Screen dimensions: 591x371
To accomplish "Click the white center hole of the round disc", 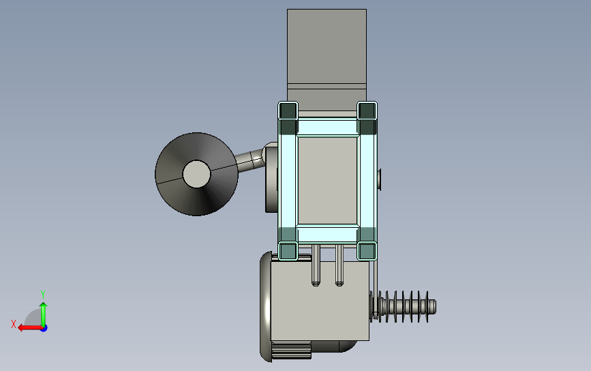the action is [196, 174].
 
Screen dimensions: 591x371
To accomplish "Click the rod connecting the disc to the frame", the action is [251, 160].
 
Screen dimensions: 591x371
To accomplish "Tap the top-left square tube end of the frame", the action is [288, 110].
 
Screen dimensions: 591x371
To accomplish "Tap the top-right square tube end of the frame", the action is [367, 110].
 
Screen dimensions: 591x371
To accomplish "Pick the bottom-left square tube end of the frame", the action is [288, 251].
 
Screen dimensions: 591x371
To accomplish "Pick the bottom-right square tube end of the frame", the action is [367, 251].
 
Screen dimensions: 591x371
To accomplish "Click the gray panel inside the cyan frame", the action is [327, 181].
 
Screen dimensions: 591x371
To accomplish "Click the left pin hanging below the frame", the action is [316, 265].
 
